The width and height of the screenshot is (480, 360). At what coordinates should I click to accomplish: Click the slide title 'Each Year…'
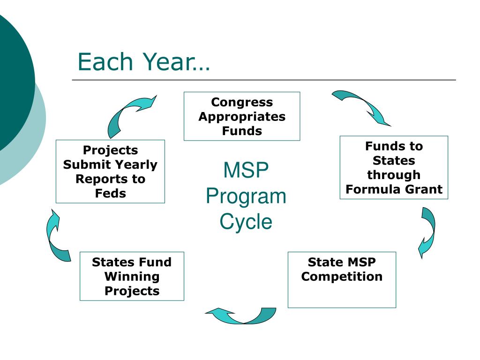(x=144, y=62)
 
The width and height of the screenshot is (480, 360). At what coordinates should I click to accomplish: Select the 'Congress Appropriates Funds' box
(x=241, y=116)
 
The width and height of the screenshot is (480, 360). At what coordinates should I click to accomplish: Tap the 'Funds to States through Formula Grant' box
(x=394, y=167)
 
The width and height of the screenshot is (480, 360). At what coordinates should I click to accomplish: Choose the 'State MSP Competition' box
(x=342, y=280)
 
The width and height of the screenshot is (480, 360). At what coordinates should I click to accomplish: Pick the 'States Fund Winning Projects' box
(x=132, y=276)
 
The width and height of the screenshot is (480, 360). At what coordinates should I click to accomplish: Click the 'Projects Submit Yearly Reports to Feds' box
(x=110, y=172)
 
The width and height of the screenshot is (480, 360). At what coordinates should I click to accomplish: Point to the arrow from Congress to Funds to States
(x=361, y=107)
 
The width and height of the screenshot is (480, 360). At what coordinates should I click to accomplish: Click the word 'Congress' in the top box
(x=241, y=102)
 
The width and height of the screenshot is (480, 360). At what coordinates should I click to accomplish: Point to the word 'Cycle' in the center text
(x=246, y=221)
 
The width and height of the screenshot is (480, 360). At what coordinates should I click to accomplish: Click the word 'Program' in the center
(x=246, y=196)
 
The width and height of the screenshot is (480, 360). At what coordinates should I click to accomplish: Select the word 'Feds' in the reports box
(x=110, y=193)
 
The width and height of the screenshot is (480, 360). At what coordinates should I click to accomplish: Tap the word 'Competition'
(x=342, y=277)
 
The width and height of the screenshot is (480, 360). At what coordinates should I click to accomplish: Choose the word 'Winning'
(x=132, y=277)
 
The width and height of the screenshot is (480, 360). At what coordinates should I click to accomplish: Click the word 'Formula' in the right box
(x=367, y=189)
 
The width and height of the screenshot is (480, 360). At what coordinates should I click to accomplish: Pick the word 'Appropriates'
(x=241, y=117)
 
